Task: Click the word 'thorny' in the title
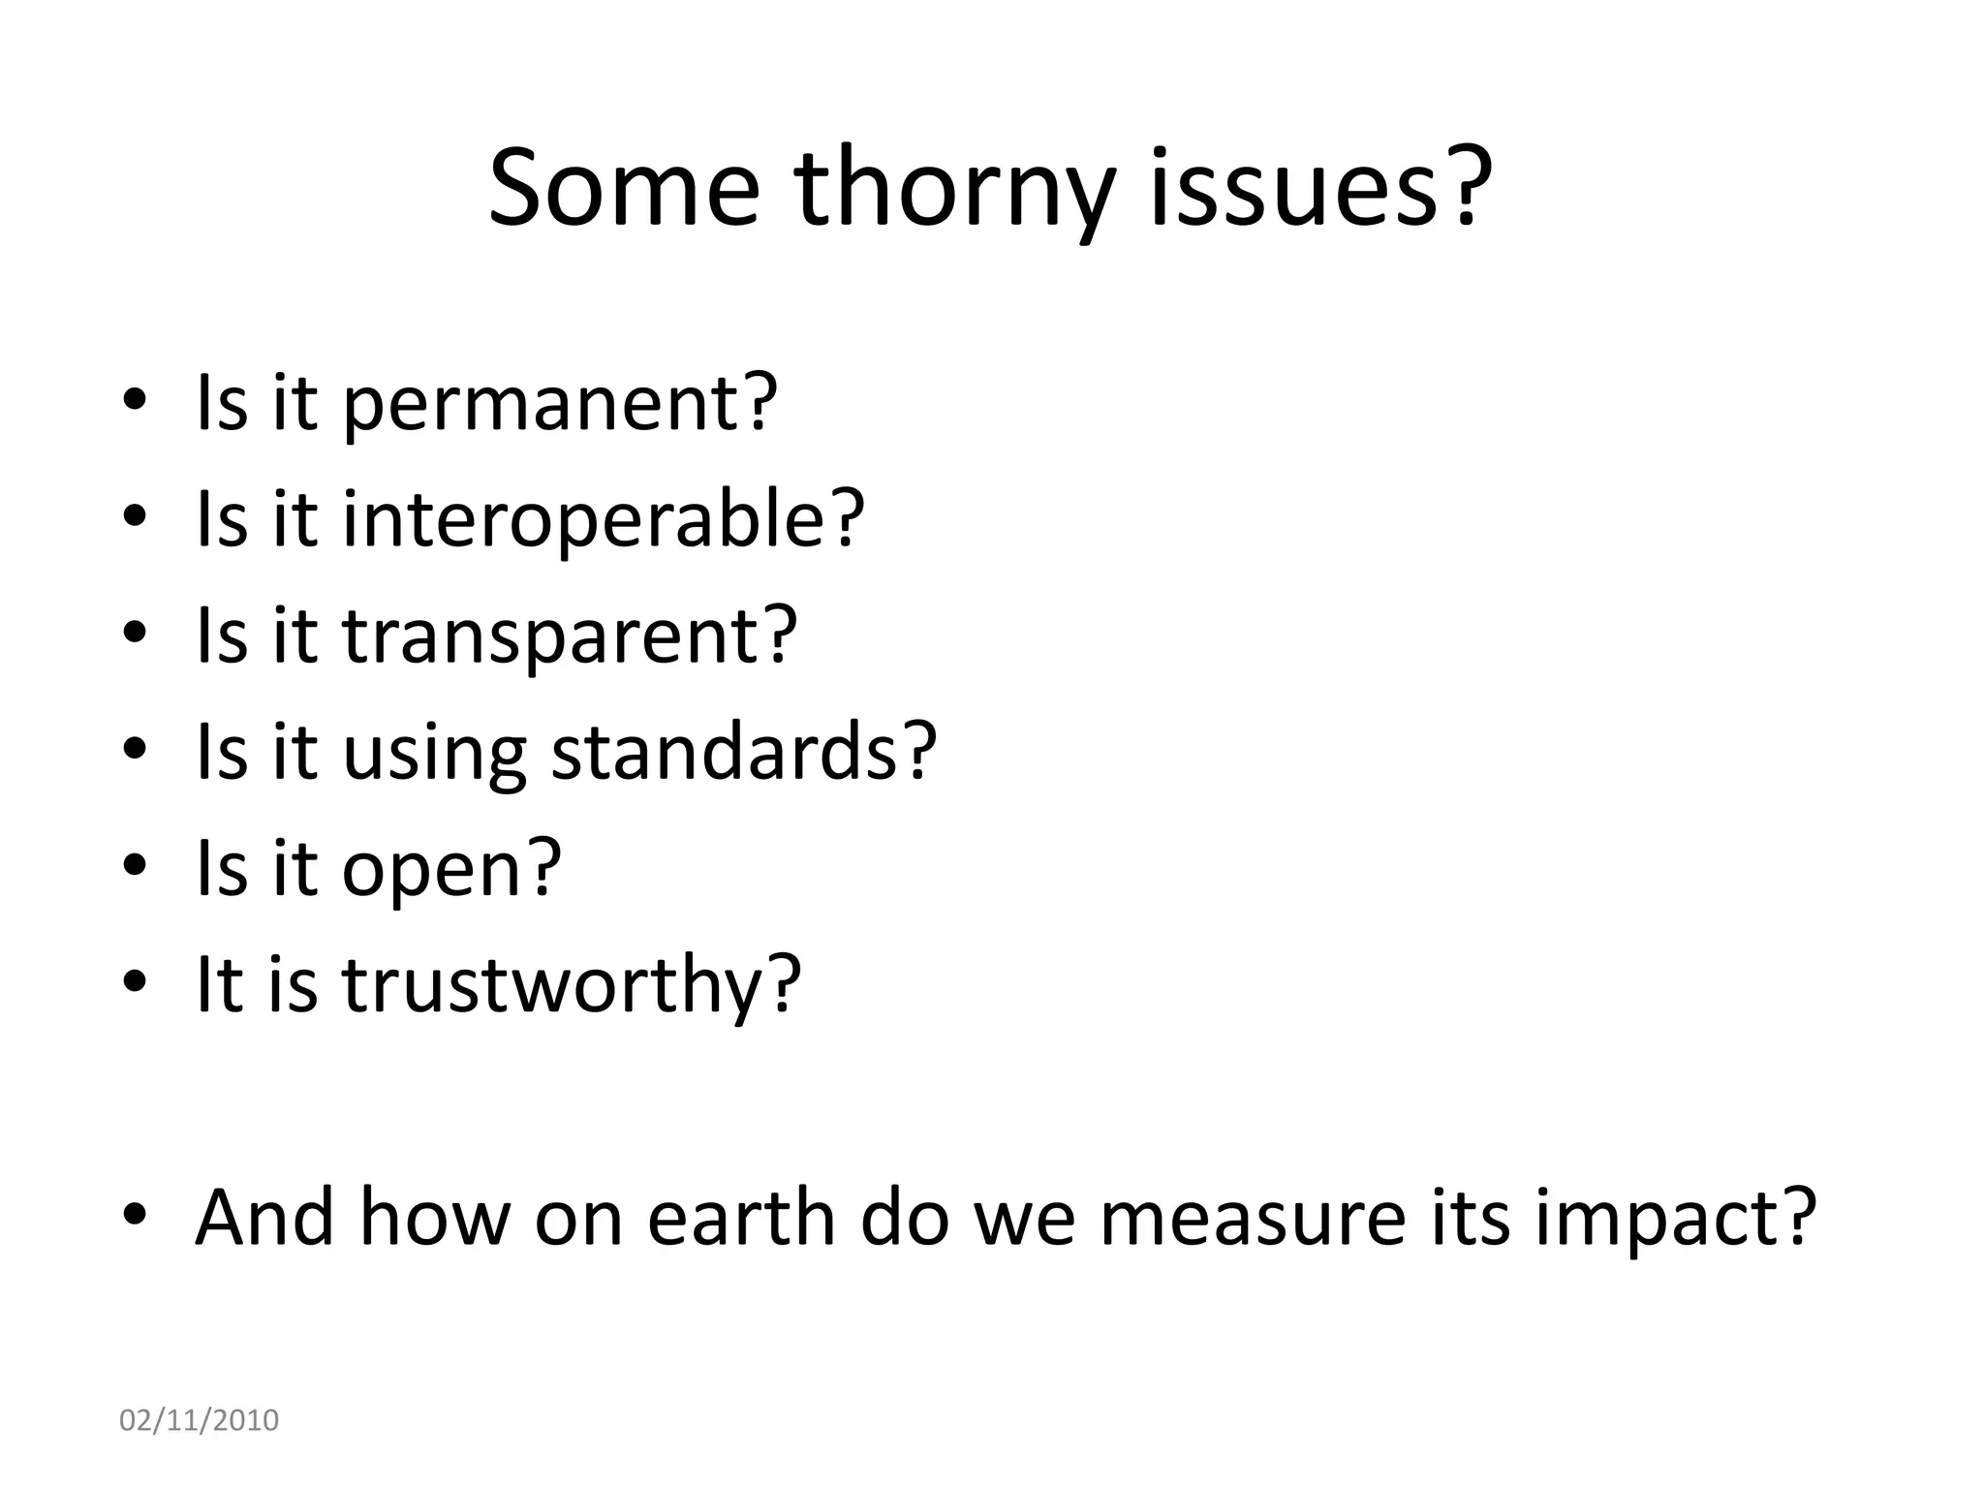click(x=953, y=189)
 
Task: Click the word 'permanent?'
click(x=560, y=403)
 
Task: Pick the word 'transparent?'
click(x=570, y=635)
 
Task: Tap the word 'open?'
click(x=451, y=870)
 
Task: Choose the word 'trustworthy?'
click(x=572, y=984)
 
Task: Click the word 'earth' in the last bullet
click(x=741, y=1217)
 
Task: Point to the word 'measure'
click(x=1252, y=1219)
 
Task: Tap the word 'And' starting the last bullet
click(x=264, y=1217)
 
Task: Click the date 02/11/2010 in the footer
click(x=199, y=1420)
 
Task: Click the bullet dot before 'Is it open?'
click(x=135, y=864)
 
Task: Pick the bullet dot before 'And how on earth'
click(x=135, y=1214)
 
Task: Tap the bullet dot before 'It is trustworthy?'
click(x=135, y=981)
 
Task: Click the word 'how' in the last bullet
click(x=435, y=1217)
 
